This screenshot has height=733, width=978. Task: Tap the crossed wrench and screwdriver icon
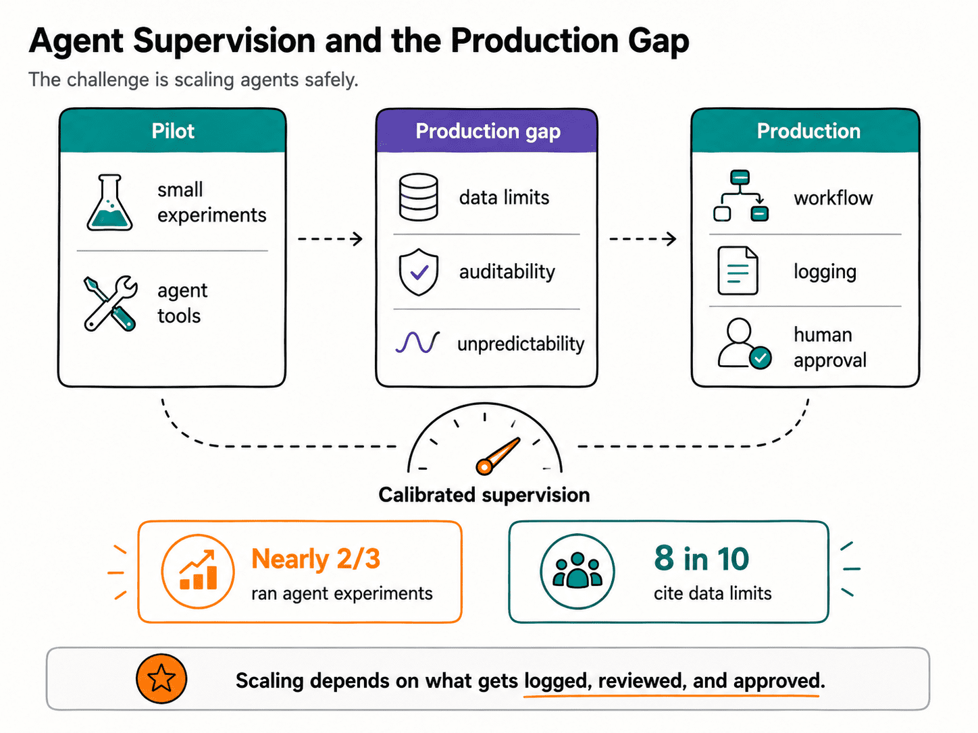110,304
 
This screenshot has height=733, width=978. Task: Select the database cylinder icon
418,197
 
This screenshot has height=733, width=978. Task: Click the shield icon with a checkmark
418,272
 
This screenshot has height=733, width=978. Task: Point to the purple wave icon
417,342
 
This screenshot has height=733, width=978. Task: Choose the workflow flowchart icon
740,196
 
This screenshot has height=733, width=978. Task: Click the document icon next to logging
738,270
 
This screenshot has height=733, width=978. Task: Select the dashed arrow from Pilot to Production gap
330,239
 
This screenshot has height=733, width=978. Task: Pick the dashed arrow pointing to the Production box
642,239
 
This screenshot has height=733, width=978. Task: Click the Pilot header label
173,132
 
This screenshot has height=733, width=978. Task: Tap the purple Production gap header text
488,132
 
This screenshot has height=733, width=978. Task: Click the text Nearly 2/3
315,559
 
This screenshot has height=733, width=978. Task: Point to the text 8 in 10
701,558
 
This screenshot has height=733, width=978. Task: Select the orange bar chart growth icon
198,571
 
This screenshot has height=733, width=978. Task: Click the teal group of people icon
577,571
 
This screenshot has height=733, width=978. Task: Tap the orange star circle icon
161,679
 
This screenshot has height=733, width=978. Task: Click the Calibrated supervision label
484,495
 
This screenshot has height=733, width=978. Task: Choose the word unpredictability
521,344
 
